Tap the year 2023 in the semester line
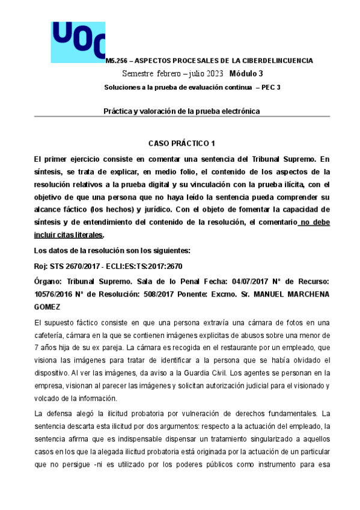pyautogui.click(x=213, y=73)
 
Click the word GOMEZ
pyautogui.click(x=47, y=306)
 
